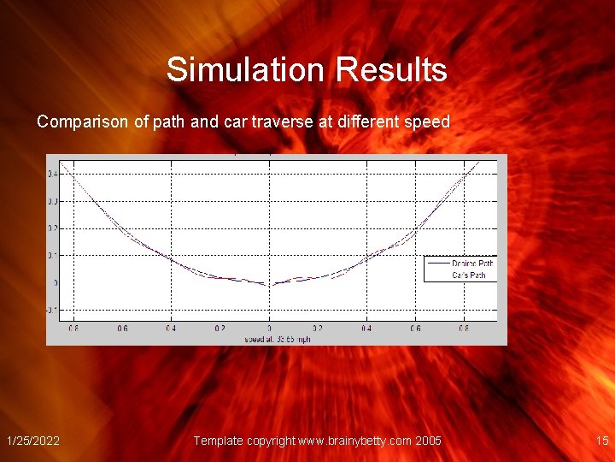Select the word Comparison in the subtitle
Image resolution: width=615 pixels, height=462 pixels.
tap(83, 122)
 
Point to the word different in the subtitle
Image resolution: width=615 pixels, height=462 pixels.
tap(371, 122)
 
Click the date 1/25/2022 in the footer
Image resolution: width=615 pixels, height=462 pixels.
tap(33, 441)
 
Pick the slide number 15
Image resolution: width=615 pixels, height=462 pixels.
tap(602, 441)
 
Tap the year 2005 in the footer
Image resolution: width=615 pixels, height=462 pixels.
tap(429, 441)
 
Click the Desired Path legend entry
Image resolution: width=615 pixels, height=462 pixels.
tap(472, 264)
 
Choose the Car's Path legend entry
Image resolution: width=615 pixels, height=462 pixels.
tap(469, 275)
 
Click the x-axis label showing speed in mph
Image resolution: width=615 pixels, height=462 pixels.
tap(278, 339)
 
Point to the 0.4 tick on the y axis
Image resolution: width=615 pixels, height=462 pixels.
tap(53, 174)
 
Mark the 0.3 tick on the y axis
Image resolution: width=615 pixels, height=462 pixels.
tap(53, 201)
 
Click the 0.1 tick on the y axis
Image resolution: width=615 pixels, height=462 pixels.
tap(53, 255)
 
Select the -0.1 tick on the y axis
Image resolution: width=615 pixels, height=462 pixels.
tap(53, 309)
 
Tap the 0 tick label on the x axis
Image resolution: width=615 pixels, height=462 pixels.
tap(269, 328)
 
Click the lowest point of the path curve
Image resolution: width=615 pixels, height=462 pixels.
tap(269, 285)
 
